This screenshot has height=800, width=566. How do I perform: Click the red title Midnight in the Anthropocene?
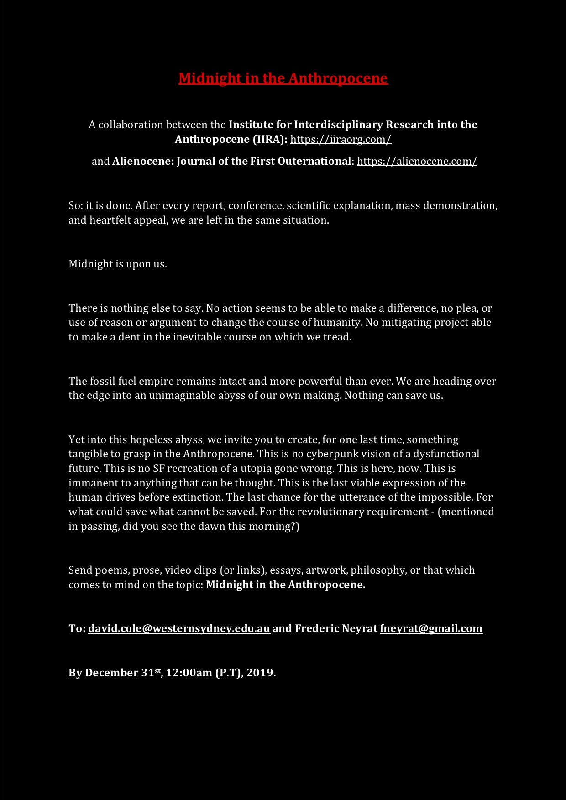click(x=283, y=78)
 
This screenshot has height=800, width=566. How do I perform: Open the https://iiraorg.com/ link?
click(x=341, y=139)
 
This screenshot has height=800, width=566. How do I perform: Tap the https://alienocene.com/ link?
click(x=417, y=161)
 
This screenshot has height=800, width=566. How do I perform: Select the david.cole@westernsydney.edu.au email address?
click(x=179, y=628)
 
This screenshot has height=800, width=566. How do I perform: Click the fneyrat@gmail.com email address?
click(x=431, y=628)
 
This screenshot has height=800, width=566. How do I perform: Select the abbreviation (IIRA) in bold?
click(x=270, y=139)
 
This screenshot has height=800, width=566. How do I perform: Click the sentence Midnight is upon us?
click(x=118, y=264)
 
